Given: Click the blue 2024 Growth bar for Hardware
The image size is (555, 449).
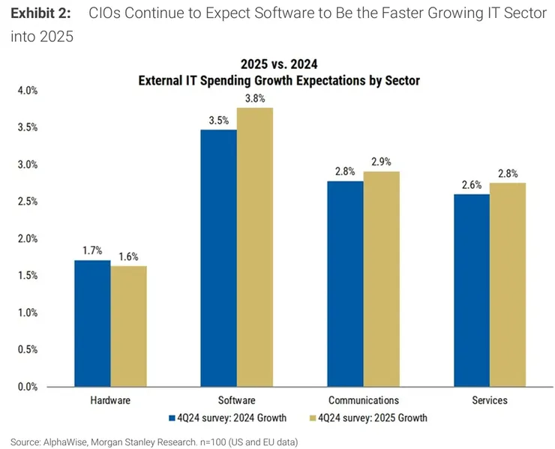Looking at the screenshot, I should pos(92,323).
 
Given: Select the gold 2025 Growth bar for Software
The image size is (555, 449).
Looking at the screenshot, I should pos(255,247).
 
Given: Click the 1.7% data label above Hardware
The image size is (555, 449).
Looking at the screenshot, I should pos(92,250).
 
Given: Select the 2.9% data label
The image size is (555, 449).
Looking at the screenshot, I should pos(382,161).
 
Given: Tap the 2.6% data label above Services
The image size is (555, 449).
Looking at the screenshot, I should pos(472,184).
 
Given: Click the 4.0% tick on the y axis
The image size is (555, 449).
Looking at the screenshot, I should pos(26,91).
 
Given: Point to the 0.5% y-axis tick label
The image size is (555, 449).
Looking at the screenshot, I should pos(26,350).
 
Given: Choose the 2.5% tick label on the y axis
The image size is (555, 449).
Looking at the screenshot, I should pos(26,202).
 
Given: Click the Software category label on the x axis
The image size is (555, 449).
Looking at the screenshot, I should pos(237,400).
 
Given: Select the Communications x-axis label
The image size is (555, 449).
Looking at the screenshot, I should pos(364,400).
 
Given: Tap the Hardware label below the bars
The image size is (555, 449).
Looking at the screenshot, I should pos(110,400).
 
